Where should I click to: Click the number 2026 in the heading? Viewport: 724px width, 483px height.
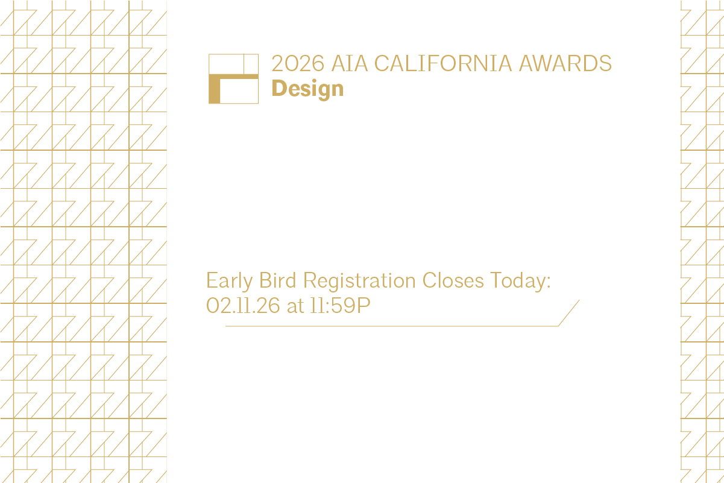(x=298, y=63)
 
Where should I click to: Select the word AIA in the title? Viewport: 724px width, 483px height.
(x=350, y=63)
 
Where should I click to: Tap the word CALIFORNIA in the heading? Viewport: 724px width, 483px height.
(x=443, y=63)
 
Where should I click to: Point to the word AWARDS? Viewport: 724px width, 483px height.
(x=565, y=63)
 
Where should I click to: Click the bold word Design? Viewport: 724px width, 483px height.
(x=307, y=89)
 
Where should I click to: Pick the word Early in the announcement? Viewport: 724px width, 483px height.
(x=229, y=281)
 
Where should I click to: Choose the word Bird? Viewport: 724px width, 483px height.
(x=278, y=280)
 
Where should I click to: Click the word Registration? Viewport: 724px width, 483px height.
(x=359, y=281)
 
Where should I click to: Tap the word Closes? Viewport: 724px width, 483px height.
(x=453, y=280)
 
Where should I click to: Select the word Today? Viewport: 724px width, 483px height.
(x=518, y=281)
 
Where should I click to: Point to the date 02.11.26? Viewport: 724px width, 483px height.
(x=243, y=306)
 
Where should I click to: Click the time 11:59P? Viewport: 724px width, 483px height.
(x=340, y=306)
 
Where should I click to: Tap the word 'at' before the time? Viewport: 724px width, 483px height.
(x=295, y=306)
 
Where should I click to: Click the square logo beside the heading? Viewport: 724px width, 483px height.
(x=234, y=79)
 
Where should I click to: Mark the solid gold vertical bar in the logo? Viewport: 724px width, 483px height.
(x=214, y=89)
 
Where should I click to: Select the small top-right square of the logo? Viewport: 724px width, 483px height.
(x=251, y=64)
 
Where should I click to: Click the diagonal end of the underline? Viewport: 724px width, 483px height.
(x=569, y=313)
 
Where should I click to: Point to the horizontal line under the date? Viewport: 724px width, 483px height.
(x=392, y=326)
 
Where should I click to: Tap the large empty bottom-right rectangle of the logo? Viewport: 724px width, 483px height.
(x=239, y=91)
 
